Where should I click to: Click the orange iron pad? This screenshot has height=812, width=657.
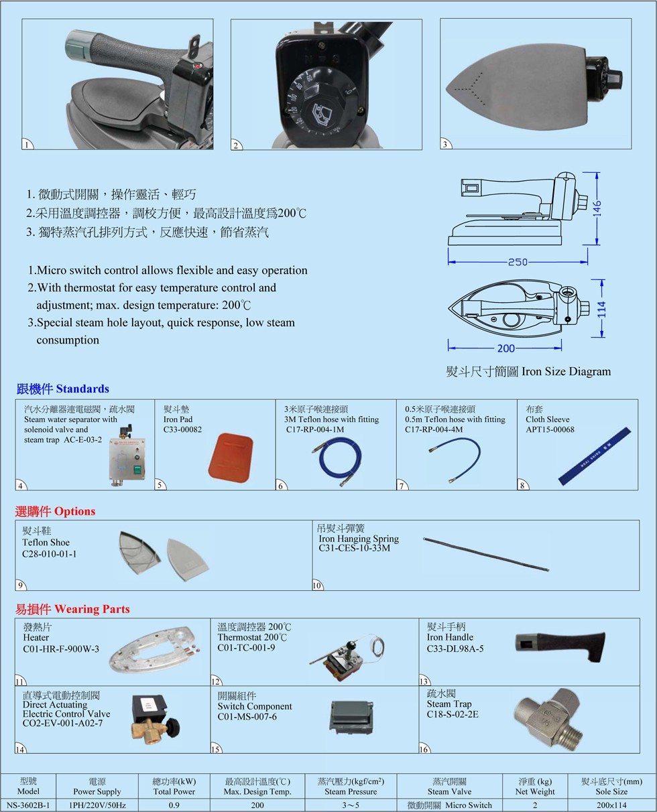(x=231, y=457)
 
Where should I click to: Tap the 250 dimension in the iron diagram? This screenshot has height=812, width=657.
(x=518, y=262)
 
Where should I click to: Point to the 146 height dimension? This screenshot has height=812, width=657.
(x=597, y=208)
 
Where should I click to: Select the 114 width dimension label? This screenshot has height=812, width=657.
(x=601, y=309)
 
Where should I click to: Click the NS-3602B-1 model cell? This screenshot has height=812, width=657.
(x=28, y=805)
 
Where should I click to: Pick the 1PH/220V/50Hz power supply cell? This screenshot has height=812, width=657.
(x=97, y=805)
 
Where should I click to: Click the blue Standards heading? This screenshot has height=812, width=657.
(x=62, y=389)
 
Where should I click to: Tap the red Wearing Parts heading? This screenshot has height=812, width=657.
(x=72, y=609)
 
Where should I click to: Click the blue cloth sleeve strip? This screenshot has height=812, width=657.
(x=595, y=456)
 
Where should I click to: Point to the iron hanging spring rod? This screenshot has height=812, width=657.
(x=486, y=554)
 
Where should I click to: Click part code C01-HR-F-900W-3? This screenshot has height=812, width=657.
(x=61, y=649)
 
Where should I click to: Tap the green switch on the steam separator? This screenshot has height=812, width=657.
(x=137, y=470)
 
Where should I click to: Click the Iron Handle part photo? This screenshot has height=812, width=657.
(x=560, y=647)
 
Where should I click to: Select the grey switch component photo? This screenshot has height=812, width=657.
(x=351, y=717)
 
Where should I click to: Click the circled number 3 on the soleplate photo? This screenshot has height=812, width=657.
(x=445, y=144)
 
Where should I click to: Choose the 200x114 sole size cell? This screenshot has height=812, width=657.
(x=611, y=805)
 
